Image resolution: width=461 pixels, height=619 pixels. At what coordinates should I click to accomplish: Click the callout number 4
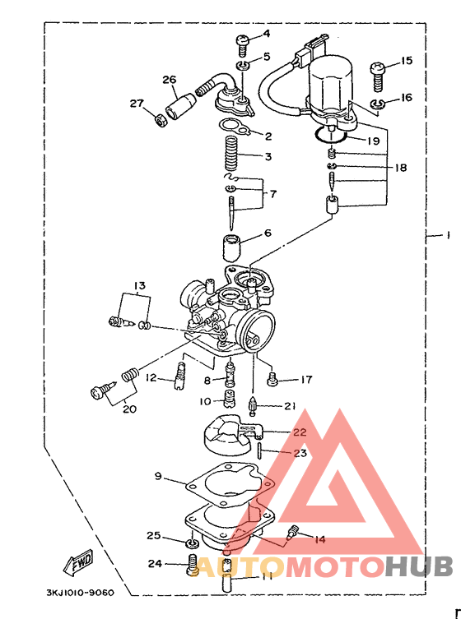click(267, 34)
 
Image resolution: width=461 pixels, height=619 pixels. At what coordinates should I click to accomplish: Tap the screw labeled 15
click(377, 76)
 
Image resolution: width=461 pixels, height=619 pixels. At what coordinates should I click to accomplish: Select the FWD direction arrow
click(78, 561)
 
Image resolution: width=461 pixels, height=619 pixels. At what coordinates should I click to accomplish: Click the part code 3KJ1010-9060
click(80, 593)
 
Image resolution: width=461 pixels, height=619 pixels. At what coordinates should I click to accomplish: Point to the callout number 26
click(170, 80)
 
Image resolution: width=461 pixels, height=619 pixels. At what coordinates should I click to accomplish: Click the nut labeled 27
click(161, 120)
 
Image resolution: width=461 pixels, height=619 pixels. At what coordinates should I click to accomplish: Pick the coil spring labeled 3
click(231, 153)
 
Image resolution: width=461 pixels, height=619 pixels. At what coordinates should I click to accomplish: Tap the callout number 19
click(373, 141)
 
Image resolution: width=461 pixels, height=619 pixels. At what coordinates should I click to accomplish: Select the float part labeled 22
click(230, 436)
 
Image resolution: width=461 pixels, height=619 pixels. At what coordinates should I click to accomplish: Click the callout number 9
click(158, 476)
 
